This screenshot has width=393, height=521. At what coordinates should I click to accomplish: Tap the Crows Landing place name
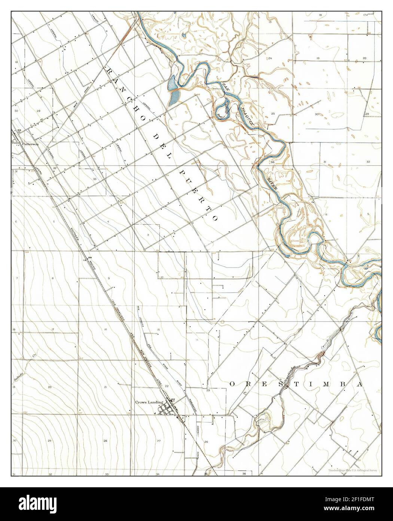[x=149, y=402]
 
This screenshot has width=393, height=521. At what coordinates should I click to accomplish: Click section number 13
[x=270, y=22]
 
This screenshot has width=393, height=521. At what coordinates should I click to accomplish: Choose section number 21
[x=106, y=386]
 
